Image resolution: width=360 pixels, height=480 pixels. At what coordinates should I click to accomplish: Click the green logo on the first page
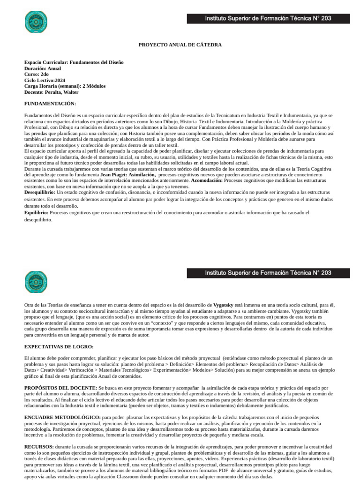coord(36,22)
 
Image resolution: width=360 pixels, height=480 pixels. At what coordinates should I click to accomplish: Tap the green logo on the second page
coord(36,282)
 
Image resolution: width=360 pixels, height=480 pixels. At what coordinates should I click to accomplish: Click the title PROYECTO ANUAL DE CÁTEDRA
coord(180,45)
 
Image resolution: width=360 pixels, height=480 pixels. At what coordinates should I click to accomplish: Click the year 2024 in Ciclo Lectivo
coord(60,80)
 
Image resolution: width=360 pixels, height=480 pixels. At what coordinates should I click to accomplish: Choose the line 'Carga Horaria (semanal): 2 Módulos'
coord(65,86)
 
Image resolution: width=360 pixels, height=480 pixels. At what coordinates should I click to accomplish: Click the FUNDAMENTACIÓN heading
coord(50,103)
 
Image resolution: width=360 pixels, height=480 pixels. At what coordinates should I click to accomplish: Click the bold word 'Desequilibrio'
coord(39,192)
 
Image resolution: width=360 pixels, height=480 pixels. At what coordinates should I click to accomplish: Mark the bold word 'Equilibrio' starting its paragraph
coord(36,212)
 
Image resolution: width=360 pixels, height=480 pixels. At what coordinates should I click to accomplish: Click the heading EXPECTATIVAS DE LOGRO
coord(59,346)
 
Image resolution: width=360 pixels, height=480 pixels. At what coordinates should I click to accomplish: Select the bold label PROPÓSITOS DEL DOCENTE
coord(60,388)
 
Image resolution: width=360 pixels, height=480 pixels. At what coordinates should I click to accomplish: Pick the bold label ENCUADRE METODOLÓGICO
coord(62,417)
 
